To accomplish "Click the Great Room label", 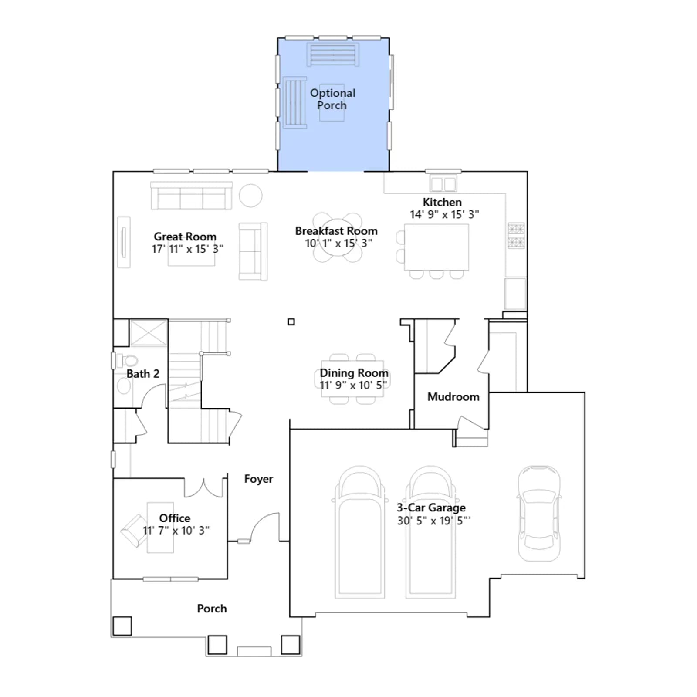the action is [x=185, y=237].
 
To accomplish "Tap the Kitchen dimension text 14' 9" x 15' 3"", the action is [x=444, y=214].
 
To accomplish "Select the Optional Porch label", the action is [x=332, y=99].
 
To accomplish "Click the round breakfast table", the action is [x=338, y=238].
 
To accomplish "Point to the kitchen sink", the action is [x=443, y=183].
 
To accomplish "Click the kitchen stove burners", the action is [x=516, y=236].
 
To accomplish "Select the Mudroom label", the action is [x=453, y=397].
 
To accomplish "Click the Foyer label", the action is [x=259, y=479].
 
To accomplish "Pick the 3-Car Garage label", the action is [x=431, y=508].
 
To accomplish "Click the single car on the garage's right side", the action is [x=539, y=514].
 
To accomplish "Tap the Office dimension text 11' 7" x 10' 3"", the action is [x=176, y=531].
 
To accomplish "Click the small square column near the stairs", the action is [x=291, y=322].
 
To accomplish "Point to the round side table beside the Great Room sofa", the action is [x=250, y=195].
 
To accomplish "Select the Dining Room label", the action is [x=354, y=373].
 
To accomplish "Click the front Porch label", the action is [x=212, y=609].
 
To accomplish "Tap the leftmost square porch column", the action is [x=122, y=626].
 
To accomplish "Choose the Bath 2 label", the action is [x=143, y=374].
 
